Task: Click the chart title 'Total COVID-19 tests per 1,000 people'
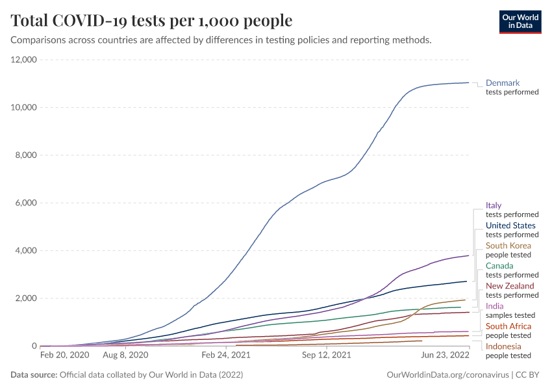151,21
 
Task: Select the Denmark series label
503,83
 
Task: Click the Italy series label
494,205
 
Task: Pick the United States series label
510,226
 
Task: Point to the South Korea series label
508,246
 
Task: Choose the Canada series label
499,266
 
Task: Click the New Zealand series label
510,286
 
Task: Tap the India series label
495,306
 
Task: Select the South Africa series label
508,326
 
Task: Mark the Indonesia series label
503,346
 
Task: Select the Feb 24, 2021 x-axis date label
226,356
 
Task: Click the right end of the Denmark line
468,83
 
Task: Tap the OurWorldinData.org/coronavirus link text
447,375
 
